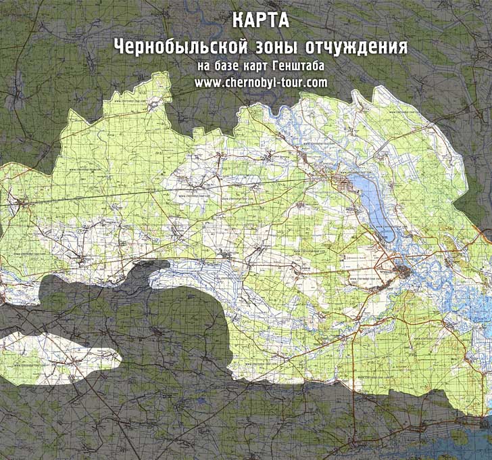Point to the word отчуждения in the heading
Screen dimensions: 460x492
(x=357, y=47)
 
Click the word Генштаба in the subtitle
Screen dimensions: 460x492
(x=295, y=66)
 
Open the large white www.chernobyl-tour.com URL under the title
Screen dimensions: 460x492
(x=261, y=82)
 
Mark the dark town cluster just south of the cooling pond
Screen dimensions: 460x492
(x=406, y=273)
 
